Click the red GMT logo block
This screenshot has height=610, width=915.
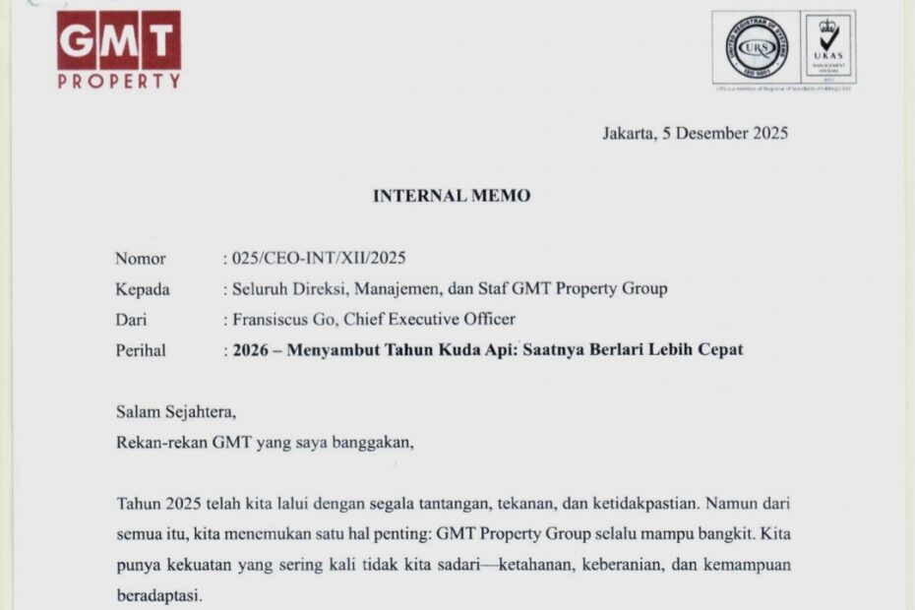click(x=119, y=40)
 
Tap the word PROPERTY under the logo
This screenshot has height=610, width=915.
click(x=119, y=82)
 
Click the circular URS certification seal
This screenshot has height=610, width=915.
click(x=757, y=46)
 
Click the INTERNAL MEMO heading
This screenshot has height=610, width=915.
click(x=452, y=196)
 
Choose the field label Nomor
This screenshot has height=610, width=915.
click(x=141, y=259)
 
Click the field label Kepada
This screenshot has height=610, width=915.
click(x=143, y=289)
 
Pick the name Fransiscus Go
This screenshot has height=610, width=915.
click(x=279, y=319)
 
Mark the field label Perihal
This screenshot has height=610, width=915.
click(x=141, y=349)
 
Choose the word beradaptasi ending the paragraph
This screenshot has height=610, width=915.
click(x=156, y=596)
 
